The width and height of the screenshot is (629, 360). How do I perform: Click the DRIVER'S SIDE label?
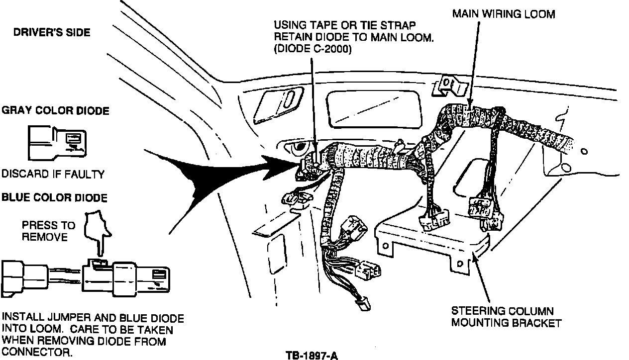tap(52, 32)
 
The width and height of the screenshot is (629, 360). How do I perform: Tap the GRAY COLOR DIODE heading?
tap(55, 110)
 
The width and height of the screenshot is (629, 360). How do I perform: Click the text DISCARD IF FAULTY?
tap(53, 174)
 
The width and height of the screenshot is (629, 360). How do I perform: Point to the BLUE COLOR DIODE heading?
tap(54, 198)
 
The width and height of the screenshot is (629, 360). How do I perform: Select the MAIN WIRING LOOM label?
tap(503, 14)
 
